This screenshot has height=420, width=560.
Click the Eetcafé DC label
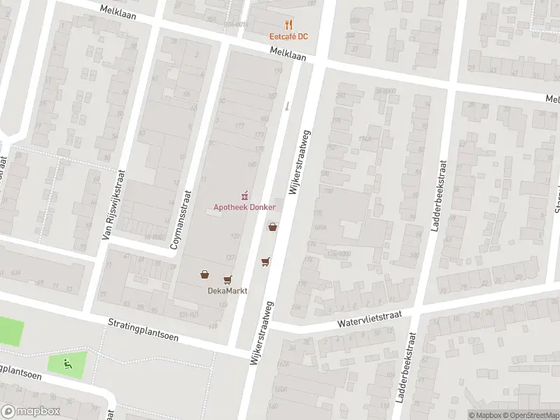pyautogui.click(x=290, y=36)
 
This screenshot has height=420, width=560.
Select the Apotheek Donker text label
pyautogui.click(x=244, y=207)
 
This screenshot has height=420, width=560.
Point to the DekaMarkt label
pyautogui.click(x=223, y=292)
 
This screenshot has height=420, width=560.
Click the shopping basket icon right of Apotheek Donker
pyautogui.click(x=272, y=227)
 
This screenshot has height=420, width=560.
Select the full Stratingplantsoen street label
pyautogui.click(x=143, y=330)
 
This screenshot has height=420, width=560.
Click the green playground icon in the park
pyautogui.click(x=67, y=363)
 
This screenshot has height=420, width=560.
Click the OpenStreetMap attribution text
pyautogui.click(x=529, y=415)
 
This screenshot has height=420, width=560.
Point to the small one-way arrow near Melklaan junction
pyautogui.click(x=287, y=106)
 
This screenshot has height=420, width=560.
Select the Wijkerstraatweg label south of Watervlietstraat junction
pyautogui.click(x=262, y=335)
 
